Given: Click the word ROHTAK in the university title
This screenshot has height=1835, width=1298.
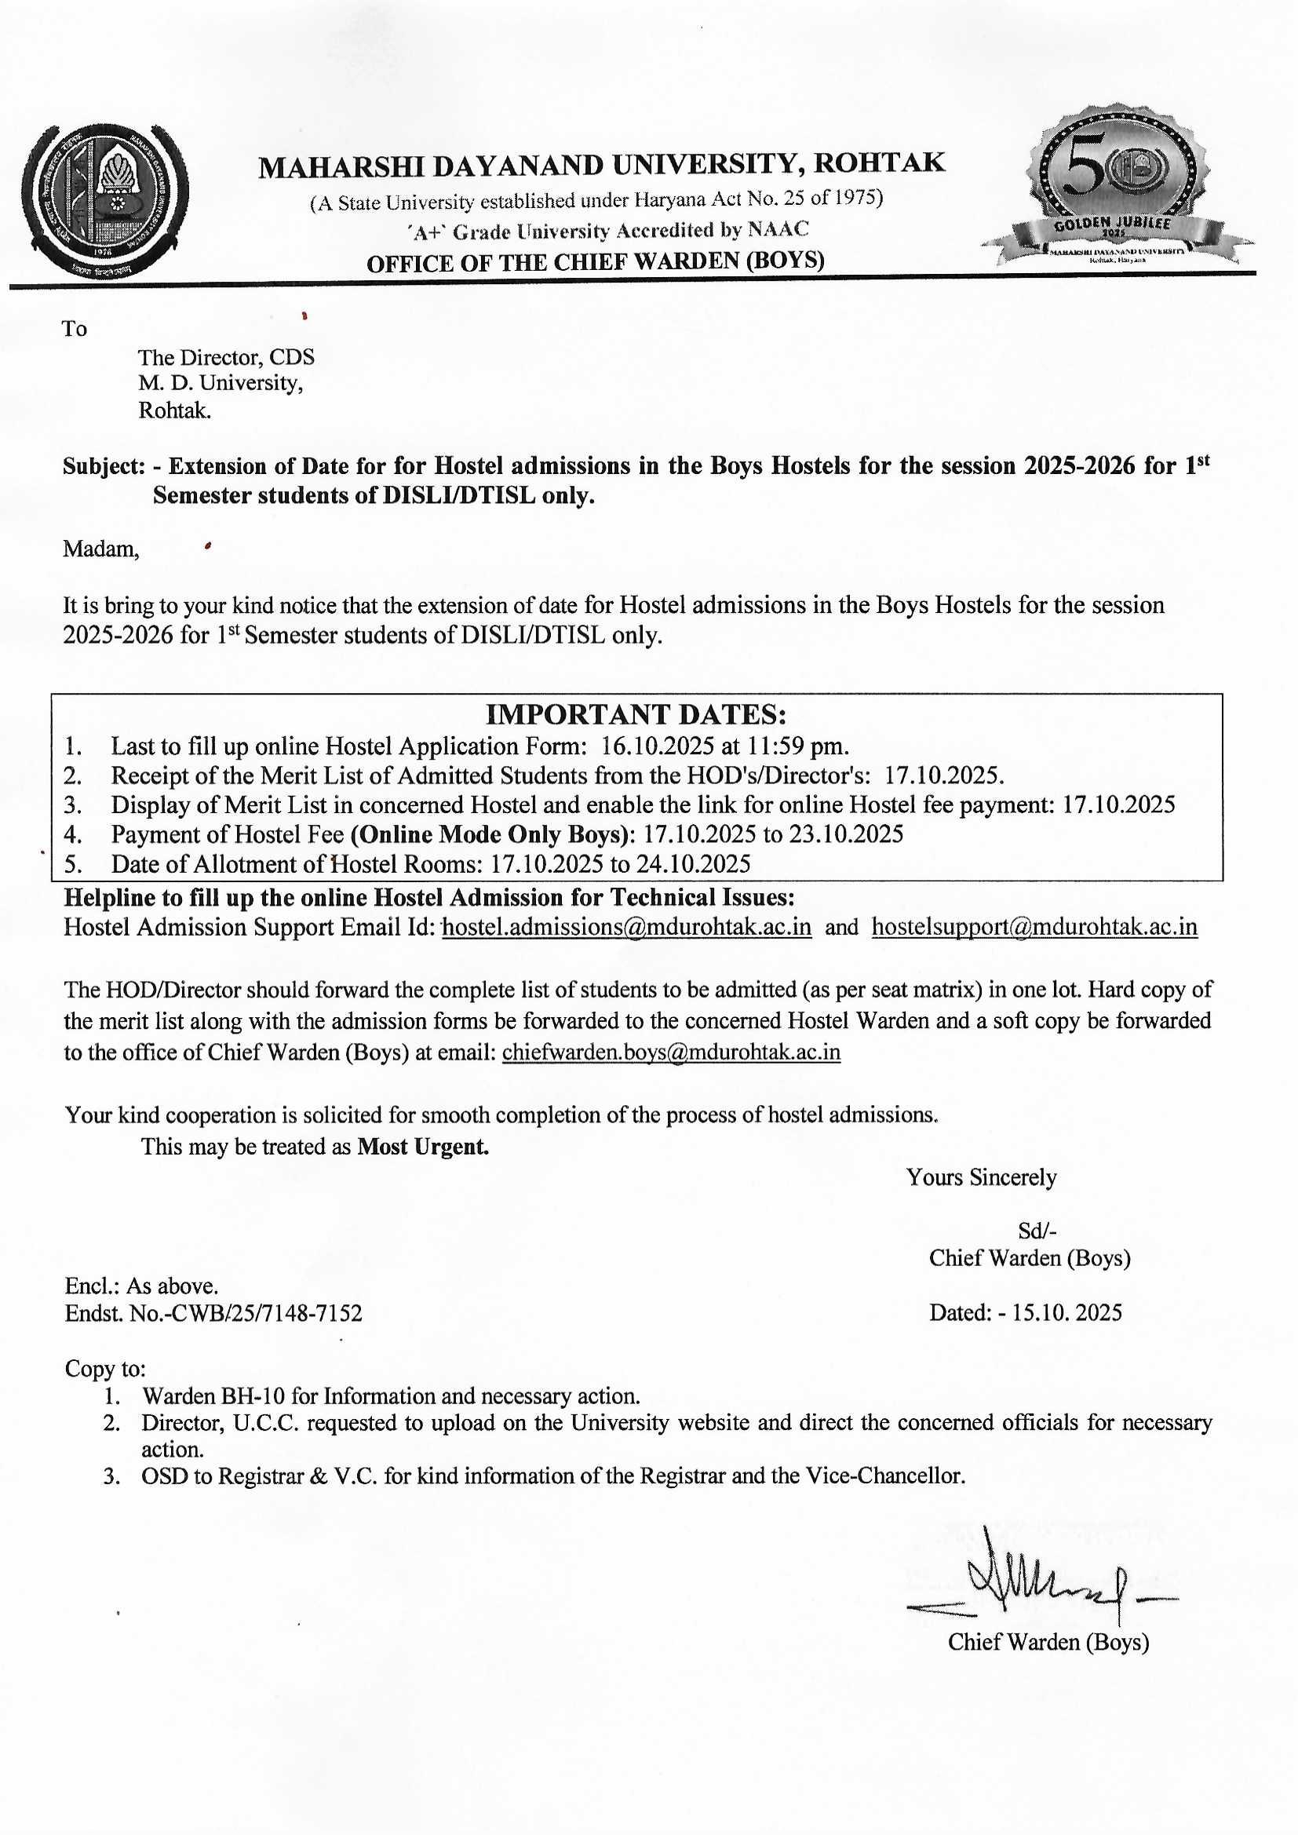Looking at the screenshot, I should click(x=879, y=163).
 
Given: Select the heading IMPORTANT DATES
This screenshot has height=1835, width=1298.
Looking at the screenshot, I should click(x=636, y=713).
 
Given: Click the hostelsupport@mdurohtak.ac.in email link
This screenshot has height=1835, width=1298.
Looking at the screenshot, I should click(x=1034, y=927).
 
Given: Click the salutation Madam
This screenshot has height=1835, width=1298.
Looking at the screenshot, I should click(x=100, y=550).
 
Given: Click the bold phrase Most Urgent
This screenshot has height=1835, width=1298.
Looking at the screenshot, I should click(x=423, y=1147).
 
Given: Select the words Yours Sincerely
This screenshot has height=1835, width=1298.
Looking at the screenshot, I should click(x=981, y=1177).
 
